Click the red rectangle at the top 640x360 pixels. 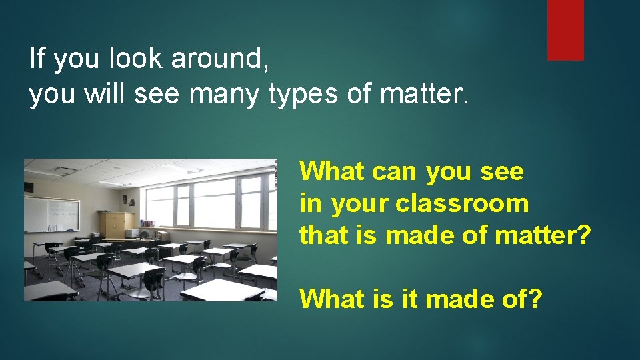565,30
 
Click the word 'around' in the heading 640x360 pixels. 220,59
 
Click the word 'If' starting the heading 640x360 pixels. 37,59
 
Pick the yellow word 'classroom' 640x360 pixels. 462,203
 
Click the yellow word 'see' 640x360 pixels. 502,172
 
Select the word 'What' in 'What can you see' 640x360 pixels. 332,171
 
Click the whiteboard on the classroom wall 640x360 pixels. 51,215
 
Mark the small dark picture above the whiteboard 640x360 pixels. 29,186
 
